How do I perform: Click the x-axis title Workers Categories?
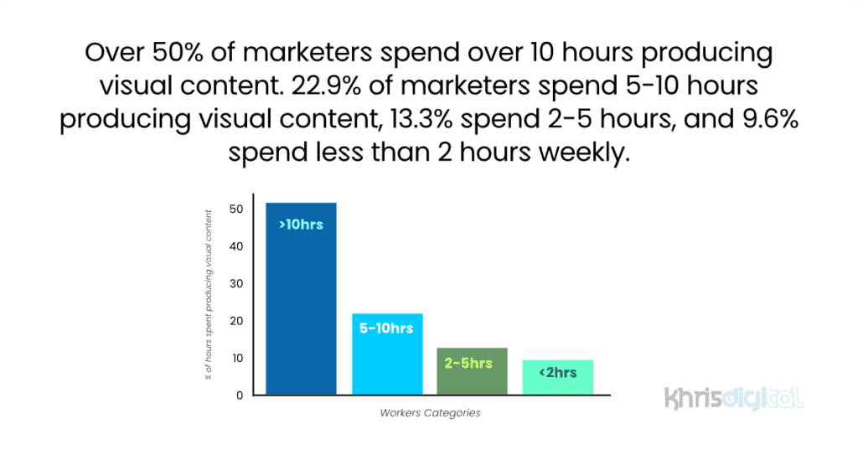[430, 413]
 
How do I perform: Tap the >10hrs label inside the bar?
[301, 225]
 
